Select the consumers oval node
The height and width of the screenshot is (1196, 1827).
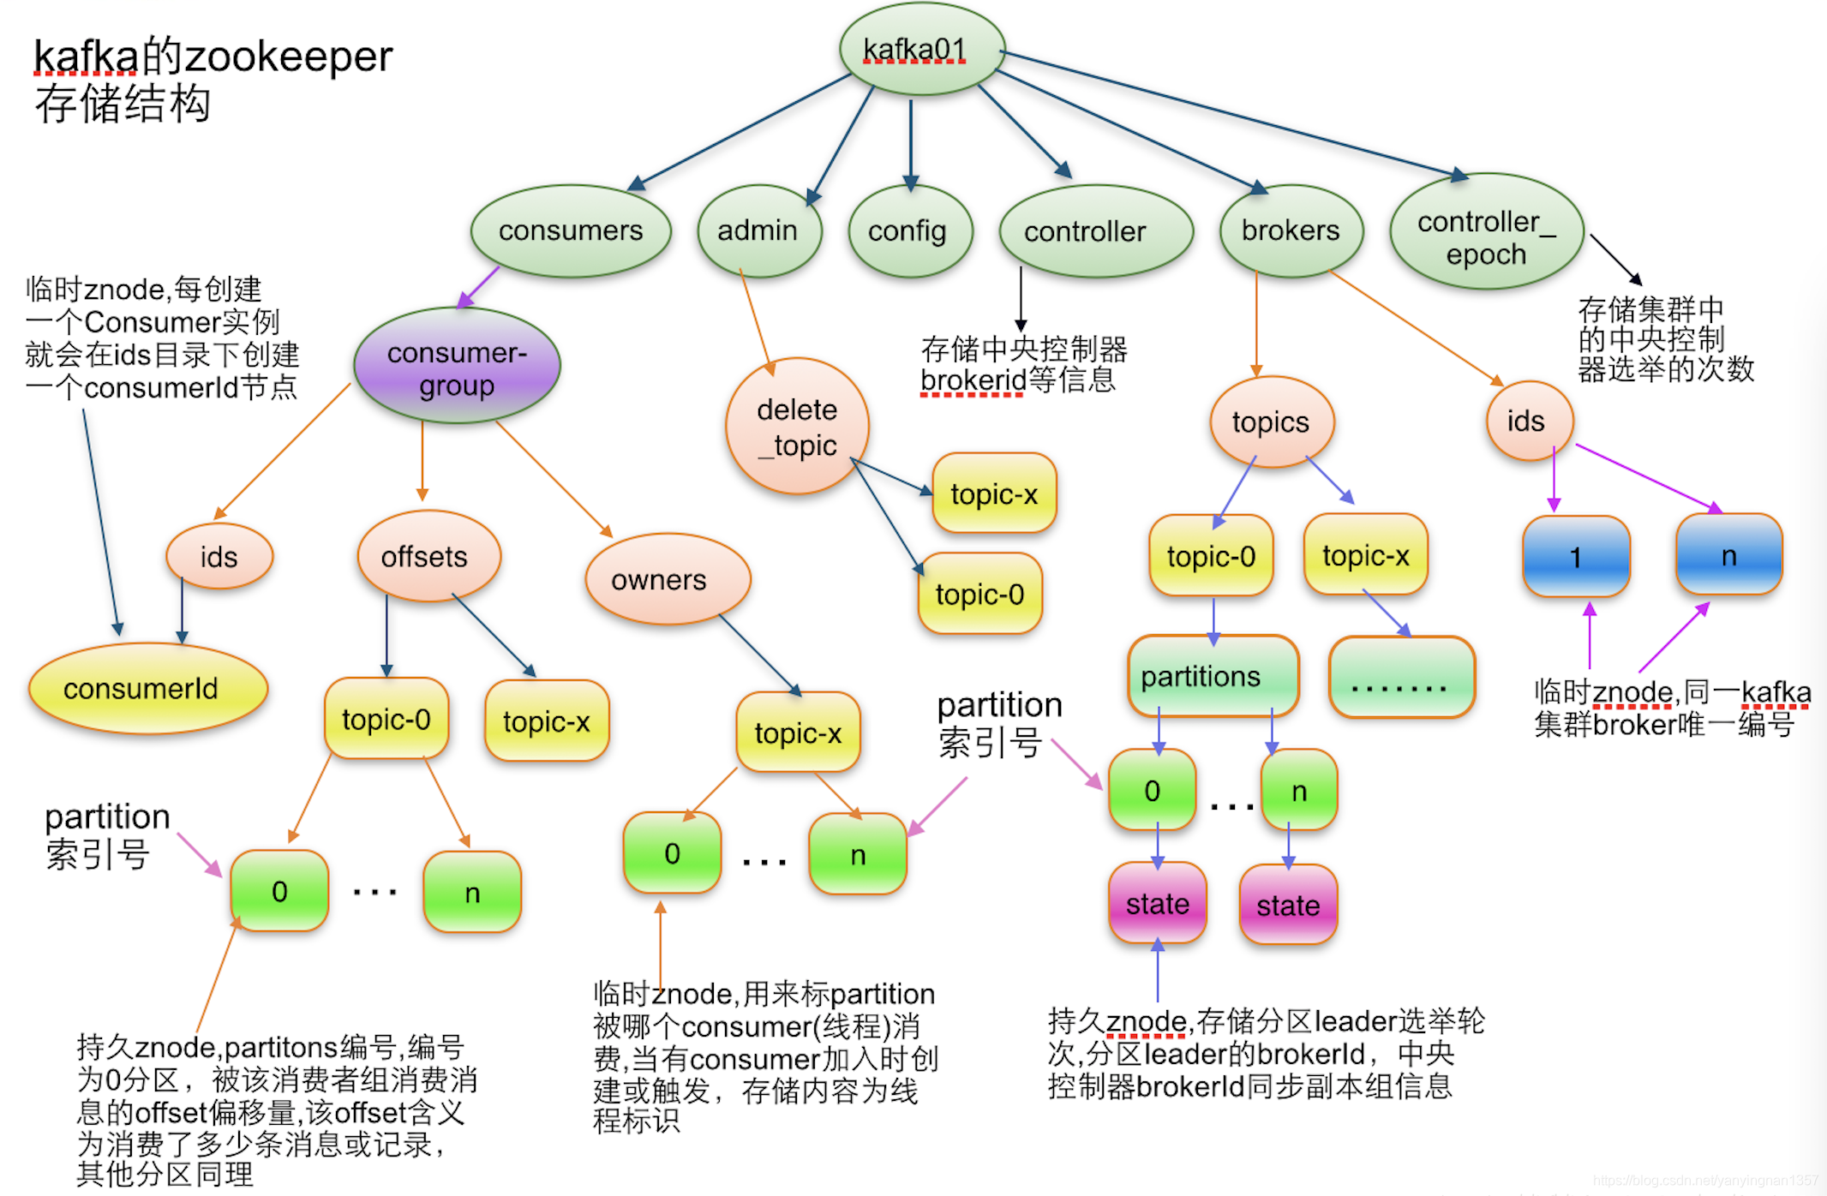[570, 230]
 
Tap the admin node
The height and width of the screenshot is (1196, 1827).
[758, 230]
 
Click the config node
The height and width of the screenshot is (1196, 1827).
[908, 230]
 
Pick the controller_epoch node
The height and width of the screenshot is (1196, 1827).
[1486, 236]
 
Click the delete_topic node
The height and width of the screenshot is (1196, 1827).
[797, 426]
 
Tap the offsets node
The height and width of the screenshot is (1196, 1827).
[427, 556]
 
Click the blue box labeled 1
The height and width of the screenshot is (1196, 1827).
[1575, 556]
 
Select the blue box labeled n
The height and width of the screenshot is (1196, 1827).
[1728, 554]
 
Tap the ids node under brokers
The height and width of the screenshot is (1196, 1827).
[1528, 421]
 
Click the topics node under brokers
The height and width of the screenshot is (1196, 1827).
[1271, 422]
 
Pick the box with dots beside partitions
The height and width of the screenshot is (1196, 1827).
[1400, 677]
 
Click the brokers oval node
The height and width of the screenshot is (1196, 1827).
[1290, 230]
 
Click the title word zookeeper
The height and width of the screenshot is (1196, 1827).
[289, 57]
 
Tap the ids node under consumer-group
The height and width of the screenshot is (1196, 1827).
[219, 556]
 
